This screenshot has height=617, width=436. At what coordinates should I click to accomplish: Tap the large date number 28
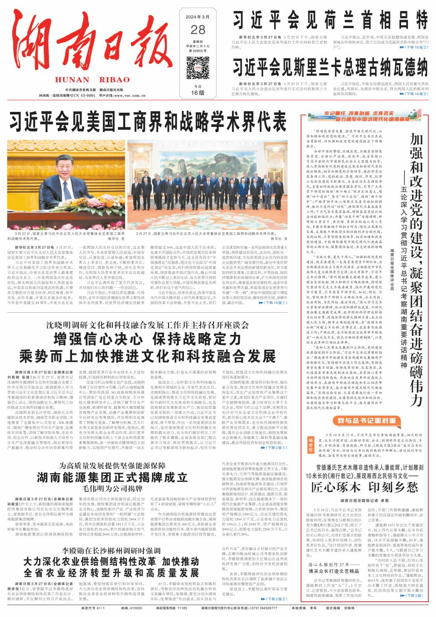point(198,29)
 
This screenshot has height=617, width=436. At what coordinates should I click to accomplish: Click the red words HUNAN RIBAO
point(92,80)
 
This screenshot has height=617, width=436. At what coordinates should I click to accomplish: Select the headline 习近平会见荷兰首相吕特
point(330,20)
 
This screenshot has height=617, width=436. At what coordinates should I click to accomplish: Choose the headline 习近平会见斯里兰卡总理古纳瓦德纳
point(330,67)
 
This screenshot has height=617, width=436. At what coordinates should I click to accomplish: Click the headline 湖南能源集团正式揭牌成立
point(112,476)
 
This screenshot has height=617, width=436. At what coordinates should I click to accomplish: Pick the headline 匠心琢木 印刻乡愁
point(364,486)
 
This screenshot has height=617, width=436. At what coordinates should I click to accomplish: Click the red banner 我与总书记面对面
point(367,421)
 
